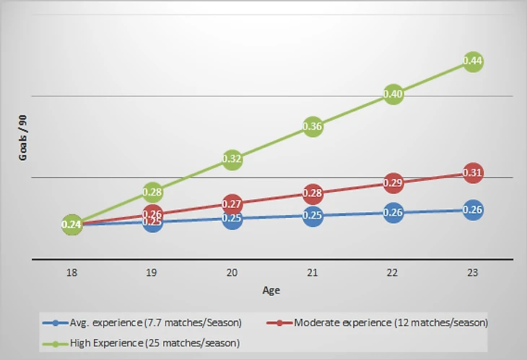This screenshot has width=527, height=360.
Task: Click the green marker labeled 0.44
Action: click(473, 61)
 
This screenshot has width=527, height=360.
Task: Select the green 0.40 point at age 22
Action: click(393, 94)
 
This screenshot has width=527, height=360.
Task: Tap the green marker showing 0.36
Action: click(313, 126)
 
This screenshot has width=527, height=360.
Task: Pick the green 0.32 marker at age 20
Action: click(232, 159)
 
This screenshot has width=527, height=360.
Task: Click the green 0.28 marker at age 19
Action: click(152, 192)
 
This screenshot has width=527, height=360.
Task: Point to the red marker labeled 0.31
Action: click(473, 172)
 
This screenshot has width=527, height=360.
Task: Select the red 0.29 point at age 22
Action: click(393, 183)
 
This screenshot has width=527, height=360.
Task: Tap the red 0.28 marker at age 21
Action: click(313, 193)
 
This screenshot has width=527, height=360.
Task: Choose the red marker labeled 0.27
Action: click(232, 204)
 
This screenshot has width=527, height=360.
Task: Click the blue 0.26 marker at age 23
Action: click(473, 210)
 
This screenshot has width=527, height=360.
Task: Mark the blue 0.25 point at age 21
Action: click(313, 215)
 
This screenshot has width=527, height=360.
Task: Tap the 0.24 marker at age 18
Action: click(71, 225)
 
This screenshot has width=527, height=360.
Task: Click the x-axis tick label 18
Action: click(71, 275)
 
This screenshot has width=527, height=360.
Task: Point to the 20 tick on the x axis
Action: click(232, 275)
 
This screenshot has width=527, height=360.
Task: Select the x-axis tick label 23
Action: click(473, 275)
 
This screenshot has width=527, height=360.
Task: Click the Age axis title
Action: click(271, 291)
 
